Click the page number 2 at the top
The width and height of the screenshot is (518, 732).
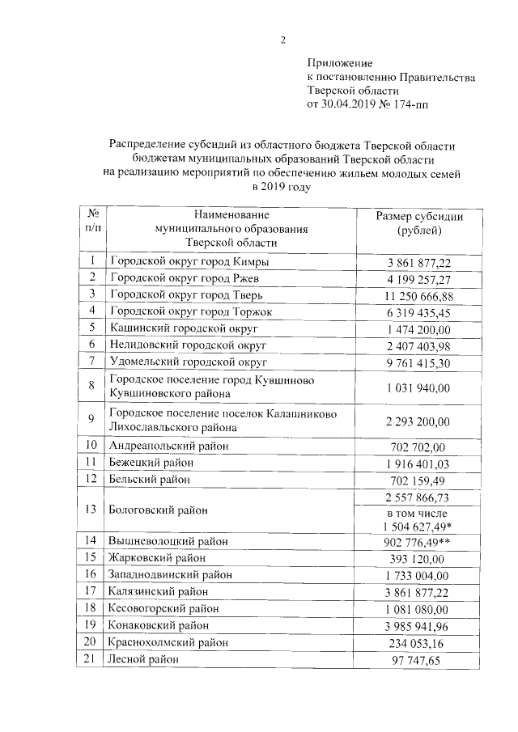[x=282, y=40]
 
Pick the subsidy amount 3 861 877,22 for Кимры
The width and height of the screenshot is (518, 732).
[x=419, y=263]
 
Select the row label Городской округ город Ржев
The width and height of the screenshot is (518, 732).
[x=178, y=279]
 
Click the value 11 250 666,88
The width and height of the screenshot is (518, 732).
[x=419, y=296]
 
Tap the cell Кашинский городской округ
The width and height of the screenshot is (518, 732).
[x=172, y=328]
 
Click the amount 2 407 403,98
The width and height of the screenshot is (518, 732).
[x=419, y=345]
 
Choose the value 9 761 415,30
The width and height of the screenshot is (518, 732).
[x=419, y=362]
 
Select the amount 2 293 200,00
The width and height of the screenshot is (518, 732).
[x=419, y=421]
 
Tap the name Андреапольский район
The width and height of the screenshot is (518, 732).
[x=168, y=446]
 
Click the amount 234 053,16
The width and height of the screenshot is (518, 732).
[x=419, y=642]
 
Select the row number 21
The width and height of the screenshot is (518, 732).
[x=93, y=659]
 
